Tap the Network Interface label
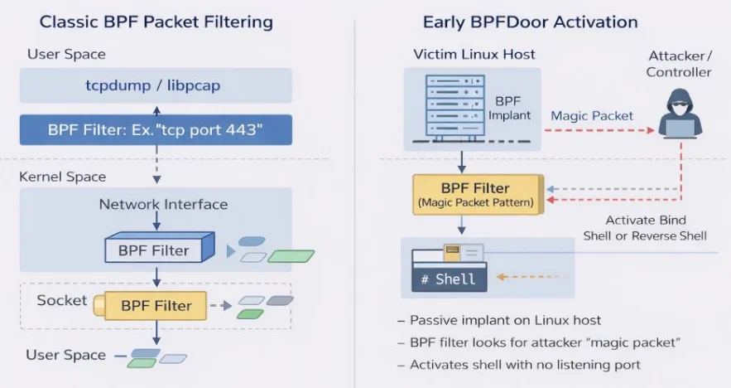163,204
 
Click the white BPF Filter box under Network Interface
155,250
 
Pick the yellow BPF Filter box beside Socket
155,305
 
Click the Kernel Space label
63,177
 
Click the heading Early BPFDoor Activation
530,22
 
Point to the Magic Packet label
592,115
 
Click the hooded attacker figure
682,114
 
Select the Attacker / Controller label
679,64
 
